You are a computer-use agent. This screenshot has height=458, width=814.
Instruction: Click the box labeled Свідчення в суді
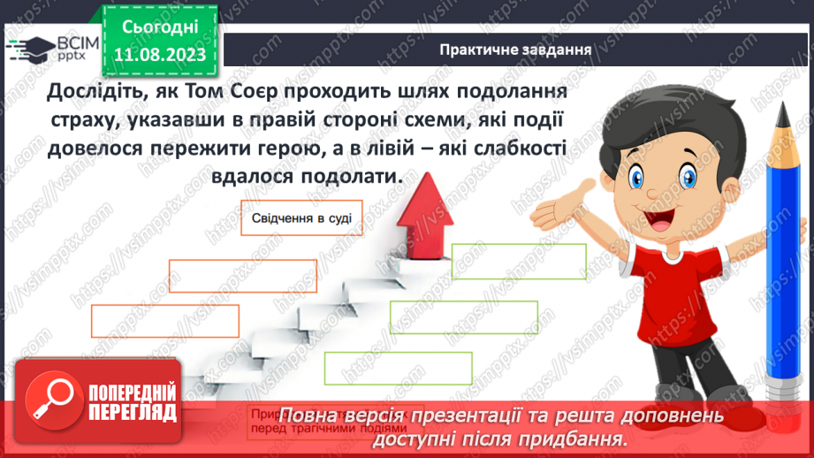click(301, 218)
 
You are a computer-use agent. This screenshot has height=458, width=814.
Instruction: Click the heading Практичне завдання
click(515, 50)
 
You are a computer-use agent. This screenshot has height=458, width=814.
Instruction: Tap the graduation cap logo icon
click(29, 47)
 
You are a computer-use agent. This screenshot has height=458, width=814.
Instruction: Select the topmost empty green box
click(519, 260)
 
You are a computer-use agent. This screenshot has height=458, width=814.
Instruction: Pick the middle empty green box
click(463, 317)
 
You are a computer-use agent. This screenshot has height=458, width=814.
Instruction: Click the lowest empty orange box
click(164, 320)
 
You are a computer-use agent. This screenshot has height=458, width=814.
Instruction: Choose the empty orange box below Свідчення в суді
click(242, 276)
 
